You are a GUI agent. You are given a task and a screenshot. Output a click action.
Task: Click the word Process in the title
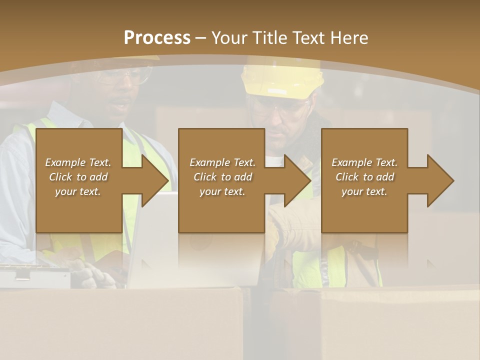pos(157,37)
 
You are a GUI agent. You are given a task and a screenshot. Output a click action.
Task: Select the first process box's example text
pos(78,177)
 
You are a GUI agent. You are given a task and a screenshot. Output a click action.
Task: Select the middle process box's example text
pos(222,177)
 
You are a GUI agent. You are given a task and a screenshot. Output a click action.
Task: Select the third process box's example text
pos(364,177)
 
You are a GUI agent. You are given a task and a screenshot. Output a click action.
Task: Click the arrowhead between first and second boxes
pos(155,180)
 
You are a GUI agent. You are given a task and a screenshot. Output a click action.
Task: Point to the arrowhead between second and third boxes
pos(297,180)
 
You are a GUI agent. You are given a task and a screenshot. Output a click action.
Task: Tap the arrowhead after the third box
pos(440,180)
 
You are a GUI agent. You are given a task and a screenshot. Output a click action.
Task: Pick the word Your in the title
pos(230,37)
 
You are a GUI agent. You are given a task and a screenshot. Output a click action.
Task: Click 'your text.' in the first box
pos(78,191)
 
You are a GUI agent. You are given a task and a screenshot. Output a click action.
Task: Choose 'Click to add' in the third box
pos(364,177)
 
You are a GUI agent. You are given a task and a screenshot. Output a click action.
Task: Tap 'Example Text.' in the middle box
pos(222,162)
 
